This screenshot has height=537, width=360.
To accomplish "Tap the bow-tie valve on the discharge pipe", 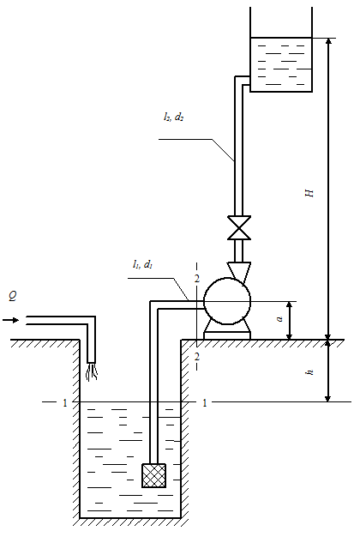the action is coord(239,227).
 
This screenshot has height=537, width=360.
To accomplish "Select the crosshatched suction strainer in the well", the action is coord(154,476).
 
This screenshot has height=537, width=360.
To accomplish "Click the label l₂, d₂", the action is coord(174,118).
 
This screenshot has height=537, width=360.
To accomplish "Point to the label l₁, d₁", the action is coord(142,264).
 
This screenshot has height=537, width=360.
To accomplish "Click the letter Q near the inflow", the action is coord(13,296).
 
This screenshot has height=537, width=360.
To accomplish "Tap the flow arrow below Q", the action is coord(10,320).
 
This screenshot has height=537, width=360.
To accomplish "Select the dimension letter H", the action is coord(309,193).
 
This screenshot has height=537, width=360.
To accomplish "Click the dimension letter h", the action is coord(310,372).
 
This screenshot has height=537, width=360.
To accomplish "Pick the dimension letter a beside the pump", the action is coord(280,319).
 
